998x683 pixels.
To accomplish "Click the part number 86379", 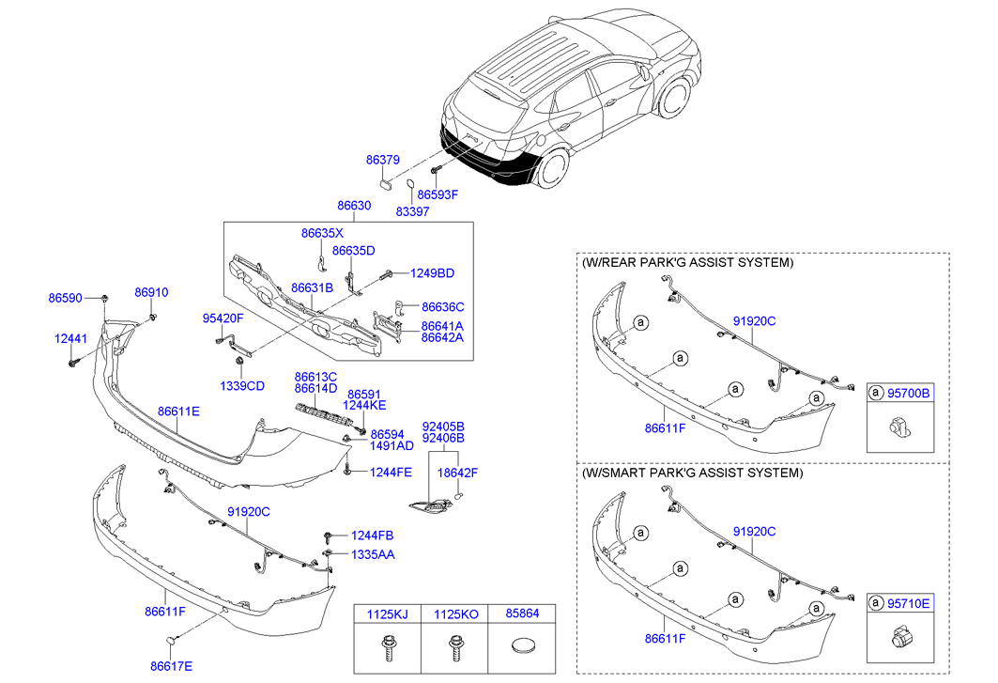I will pos(383,161).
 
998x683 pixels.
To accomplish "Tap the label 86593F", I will pos(438,194).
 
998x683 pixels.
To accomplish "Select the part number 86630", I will pos(354,205).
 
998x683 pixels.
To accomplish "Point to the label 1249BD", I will pos(432,273).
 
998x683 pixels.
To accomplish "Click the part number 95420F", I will pos(223,318).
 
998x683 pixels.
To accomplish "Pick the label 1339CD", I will pos(242,386).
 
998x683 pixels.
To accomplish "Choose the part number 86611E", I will pos(178,411).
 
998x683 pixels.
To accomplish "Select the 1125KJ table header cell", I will pos(386,614).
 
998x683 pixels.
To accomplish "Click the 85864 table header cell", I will pos(523,614).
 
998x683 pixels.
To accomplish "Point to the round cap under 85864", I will pos(522,647).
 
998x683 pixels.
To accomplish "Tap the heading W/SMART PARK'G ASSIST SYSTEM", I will pos(693,473).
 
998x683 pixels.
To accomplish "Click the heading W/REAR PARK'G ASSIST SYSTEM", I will pos(687,262).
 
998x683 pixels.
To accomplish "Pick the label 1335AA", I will pos(373,554).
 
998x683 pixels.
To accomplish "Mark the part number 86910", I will pos(151,292).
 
